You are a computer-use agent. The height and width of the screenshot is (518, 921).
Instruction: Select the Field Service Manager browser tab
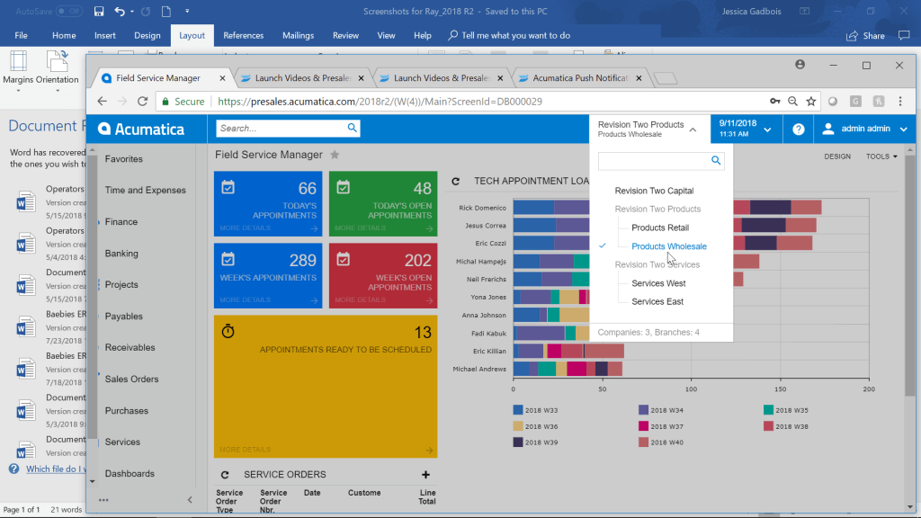[157, 78]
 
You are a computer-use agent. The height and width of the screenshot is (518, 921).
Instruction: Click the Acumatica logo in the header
[141, 129]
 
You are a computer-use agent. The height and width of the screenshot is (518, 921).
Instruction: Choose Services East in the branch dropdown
[657, 301]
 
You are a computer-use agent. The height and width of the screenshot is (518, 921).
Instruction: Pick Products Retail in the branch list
[660, 228]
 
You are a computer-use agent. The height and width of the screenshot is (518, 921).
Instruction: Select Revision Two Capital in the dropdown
[654, 191]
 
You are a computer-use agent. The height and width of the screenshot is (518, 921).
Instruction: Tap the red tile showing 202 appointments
[383, 275]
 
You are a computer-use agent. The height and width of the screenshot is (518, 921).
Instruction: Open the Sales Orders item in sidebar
[131, 379]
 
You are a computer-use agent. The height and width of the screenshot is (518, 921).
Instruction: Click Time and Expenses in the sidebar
[145, 190]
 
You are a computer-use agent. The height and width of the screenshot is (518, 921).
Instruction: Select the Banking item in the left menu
[121, 254]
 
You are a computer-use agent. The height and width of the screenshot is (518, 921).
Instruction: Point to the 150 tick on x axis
[779, 390]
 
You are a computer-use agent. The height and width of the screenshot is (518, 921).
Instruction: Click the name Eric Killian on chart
[482, 351]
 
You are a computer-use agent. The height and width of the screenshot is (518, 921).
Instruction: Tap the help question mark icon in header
[798, 129]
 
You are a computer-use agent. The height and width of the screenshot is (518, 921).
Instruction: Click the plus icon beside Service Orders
[425, 475]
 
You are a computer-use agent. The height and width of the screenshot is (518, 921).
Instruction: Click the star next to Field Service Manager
[335, 155]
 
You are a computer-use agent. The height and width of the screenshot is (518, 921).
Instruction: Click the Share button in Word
[865, 36]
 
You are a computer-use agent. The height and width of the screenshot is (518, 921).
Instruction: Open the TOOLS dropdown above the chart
[881, 156]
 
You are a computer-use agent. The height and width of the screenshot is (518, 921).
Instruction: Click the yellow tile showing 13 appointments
[326, 386]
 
